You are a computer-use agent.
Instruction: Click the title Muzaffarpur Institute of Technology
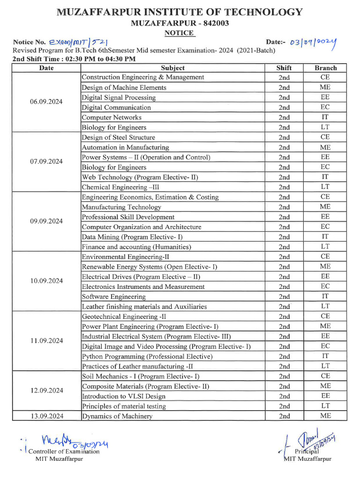[180, 12]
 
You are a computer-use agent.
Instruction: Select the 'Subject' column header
[172, 68]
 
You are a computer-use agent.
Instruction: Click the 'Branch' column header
[325, 68]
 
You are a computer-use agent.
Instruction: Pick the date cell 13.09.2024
[46, 416]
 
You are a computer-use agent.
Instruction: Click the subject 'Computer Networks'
[112, 117]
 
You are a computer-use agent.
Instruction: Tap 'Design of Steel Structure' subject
[118, 137]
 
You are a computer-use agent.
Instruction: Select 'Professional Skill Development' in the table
[128, 217]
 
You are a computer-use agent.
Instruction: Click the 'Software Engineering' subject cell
[113, 297]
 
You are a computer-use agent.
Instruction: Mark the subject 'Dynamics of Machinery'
[117, 416]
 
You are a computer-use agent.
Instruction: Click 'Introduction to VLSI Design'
[122, 396]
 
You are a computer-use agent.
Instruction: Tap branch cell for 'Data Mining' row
[325, 237]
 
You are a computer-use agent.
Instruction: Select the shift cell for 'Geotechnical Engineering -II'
[284, 316]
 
